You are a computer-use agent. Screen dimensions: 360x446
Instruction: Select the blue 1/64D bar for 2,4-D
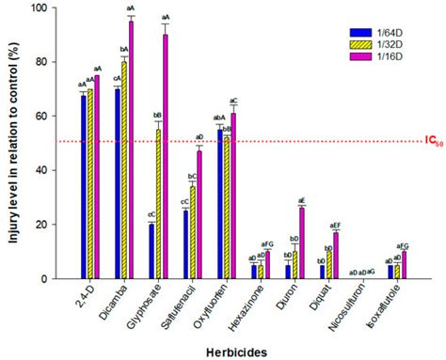coord(83,188)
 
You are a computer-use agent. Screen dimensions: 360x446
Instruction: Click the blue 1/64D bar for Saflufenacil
coord(185,244)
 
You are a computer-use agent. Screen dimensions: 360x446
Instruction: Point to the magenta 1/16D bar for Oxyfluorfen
coord(233,196)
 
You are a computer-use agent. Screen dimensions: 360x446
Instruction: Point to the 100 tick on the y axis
coord(38,8)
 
